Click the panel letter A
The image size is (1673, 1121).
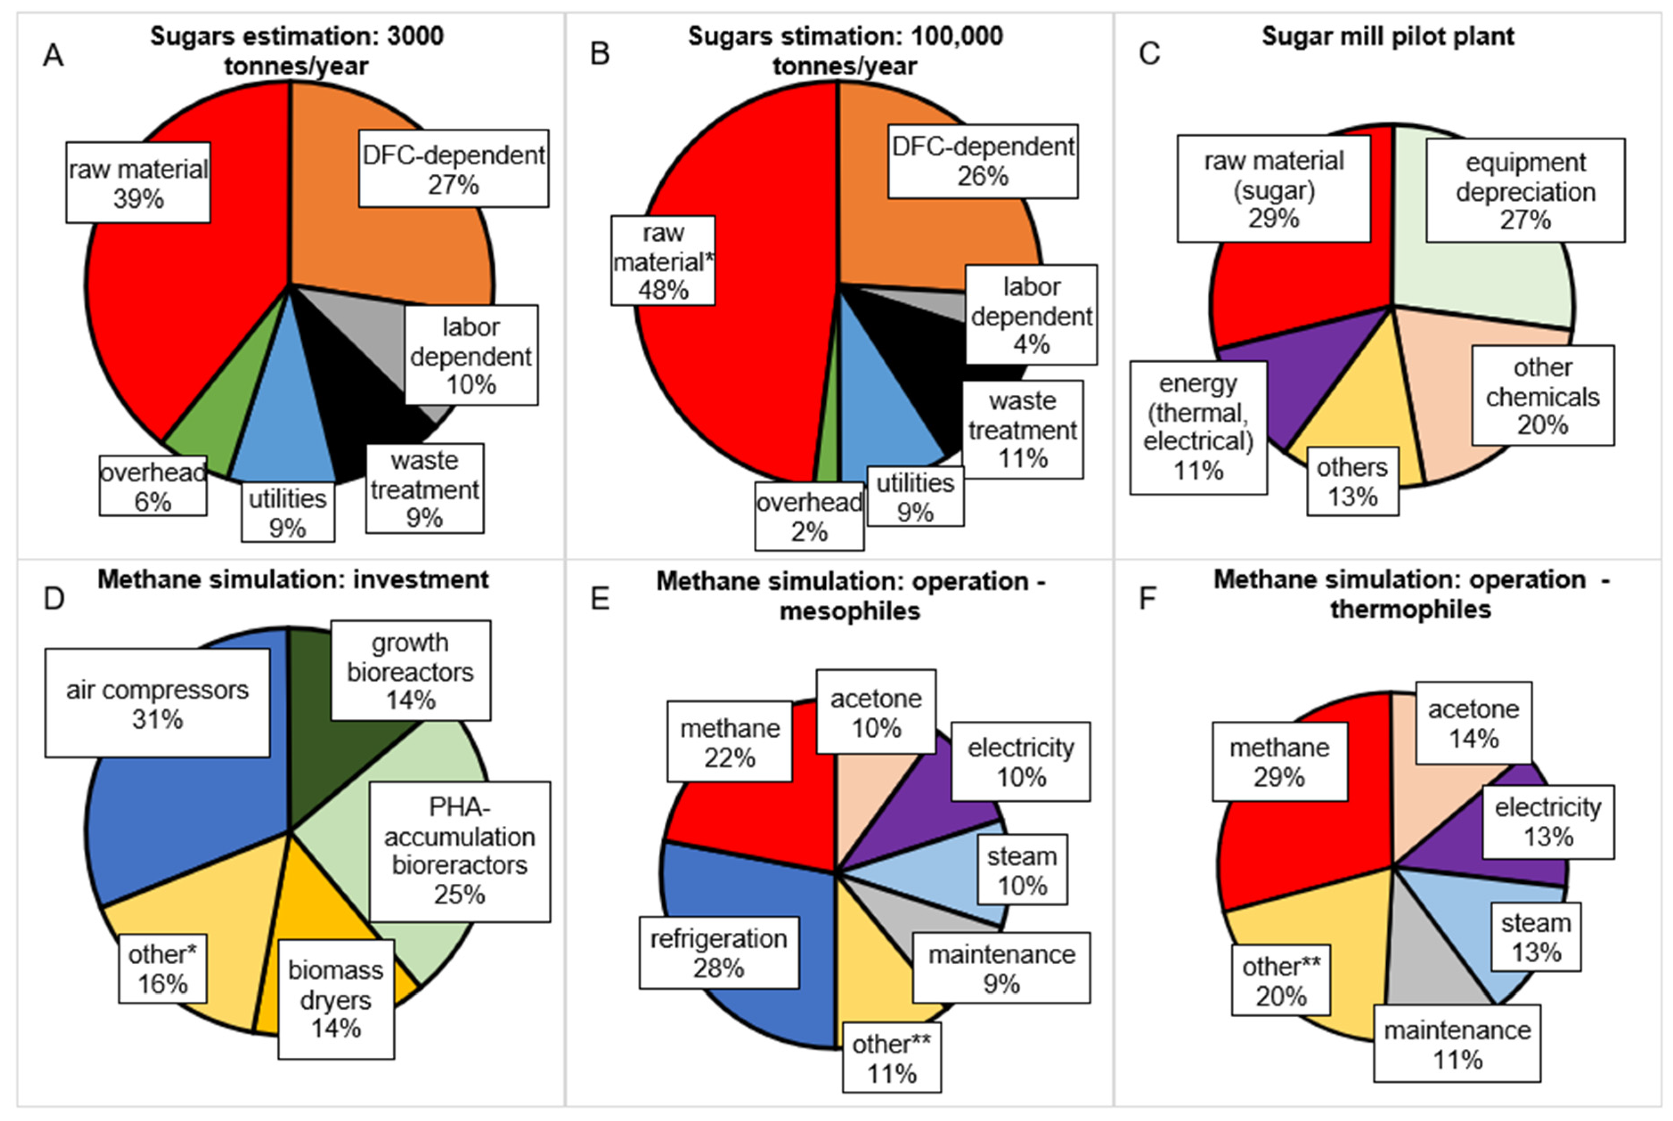[x=53, y=54]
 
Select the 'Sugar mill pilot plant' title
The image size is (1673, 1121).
[x=1387, y=37]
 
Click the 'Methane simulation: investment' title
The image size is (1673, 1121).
[x=293, y=579]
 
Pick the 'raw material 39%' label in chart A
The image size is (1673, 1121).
[x=138, y=183]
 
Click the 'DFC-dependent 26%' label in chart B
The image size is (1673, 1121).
[x=983, y=161]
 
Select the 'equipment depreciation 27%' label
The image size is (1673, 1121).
[x=1525, y=191]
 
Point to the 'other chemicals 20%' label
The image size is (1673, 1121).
[x=1542, y=396]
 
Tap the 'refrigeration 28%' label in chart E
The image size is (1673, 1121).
[x=719, y=953]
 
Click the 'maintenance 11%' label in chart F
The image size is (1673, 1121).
[x=1457, y=1044]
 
